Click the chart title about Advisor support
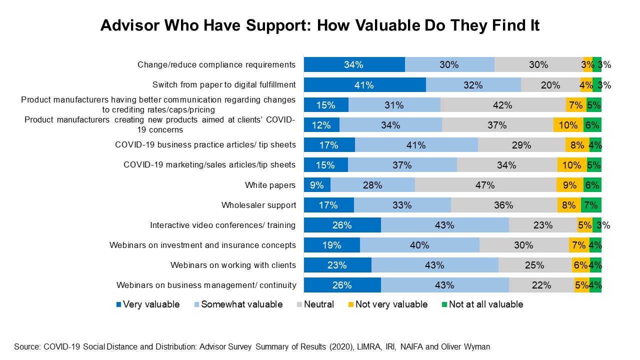click(320, 25)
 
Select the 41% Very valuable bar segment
click(364, 85)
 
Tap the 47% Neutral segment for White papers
click(485, 185)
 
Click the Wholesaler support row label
click(258, 205)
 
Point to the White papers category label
click(270, 185)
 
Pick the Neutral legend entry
click(315, 304)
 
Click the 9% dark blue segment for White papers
click(317, 185)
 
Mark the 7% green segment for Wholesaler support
click(591, 205)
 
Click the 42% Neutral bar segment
click(502, 105)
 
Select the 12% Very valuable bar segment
click(321, 125)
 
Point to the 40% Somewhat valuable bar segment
click(419, 245)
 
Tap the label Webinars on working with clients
click(233, 265)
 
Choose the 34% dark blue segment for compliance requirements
click(354, 64)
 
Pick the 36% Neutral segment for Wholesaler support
click(503, 205)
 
